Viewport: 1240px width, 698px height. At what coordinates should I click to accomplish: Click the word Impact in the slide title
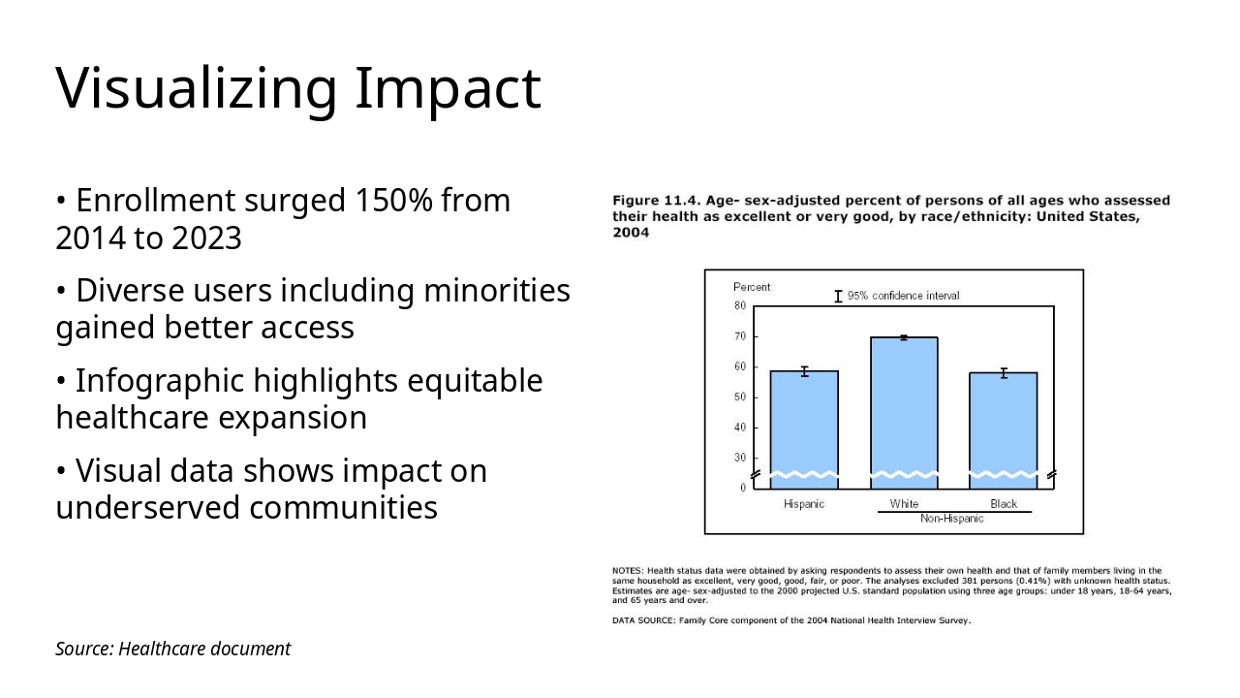[x=447, y=88]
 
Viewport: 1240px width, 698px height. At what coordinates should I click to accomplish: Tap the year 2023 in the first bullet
[x=206, y=238]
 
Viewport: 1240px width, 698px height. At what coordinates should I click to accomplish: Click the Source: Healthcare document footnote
[x=172, y=649]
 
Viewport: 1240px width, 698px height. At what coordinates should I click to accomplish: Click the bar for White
[x=904, y=407]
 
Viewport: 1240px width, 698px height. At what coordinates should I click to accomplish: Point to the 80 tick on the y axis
[x=740, y=305]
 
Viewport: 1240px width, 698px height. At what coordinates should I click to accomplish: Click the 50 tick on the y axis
[x=740, y=397]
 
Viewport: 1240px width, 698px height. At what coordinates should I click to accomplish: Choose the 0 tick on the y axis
[x=743, y=488]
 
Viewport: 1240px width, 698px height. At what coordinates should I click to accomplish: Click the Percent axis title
[x=752, y=287]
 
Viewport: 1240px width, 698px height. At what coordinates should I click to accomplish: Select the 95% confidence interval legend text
[x=903, y=296]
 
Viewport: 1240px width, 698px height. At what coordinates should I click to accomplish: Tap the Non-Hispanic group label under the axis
[x=951, y=519]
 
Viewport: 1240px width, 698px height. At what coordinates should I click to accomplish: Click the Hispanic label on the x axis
[x=804, y=504]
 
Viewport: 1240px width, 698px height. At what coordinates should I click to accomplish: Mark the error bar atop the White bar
[x=904, y=337]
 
